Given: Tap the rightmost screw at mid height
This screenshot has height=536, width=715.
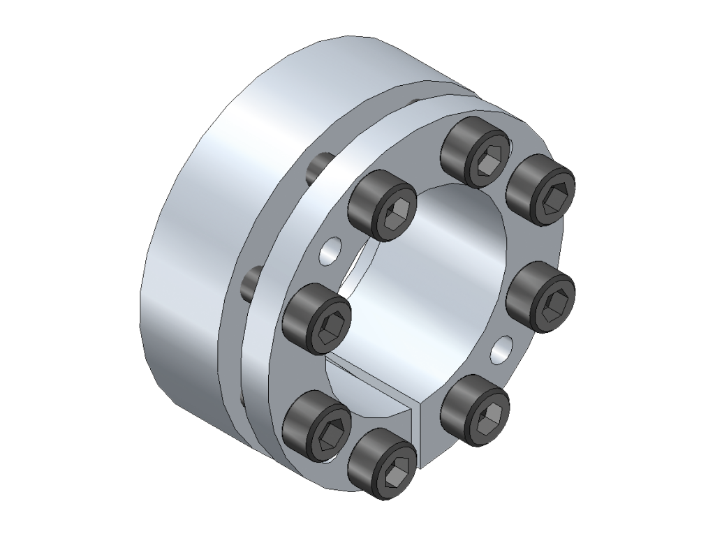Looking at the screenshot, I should pos(540,297).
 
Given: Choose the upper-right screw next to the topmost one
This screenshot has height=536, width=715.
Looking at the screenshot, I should pos(540,189).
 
